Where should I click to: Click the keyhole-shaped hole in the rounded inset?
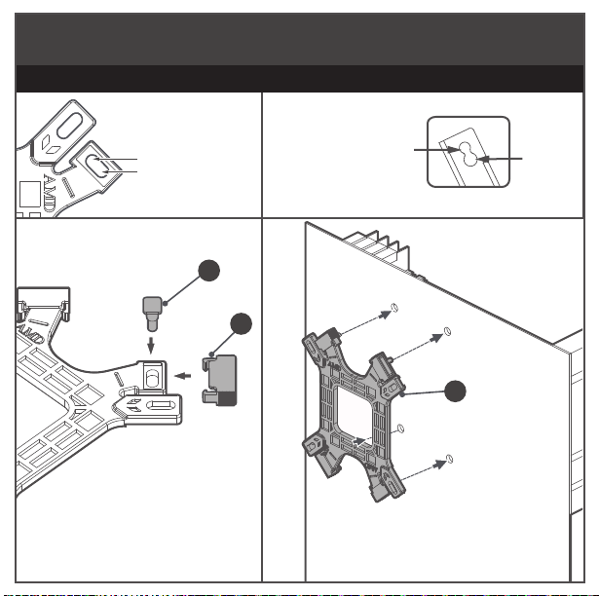click(468, 159)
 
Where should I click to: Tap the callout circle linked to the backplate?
click(453, 393)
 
